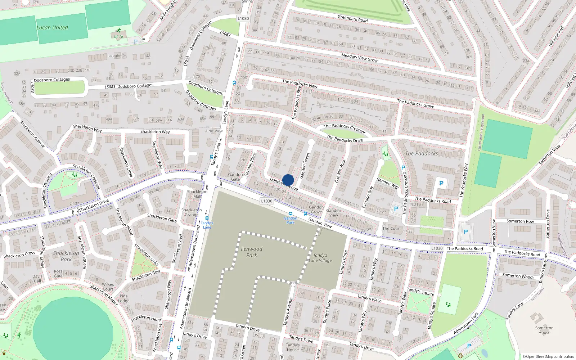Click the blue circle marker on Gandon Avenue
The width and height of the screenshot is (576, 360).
[288, 180]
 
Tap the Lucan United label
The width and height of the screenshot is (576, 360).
[52, 27]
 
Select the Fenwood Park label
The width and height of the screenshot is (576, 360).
[252, 252]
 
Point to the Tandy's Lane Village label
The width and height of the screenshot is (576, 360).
[320, 258]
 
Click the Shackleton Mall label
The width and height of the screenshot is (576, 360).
[197, 194]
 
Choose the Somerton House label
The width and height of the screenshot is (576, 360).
[544, 330]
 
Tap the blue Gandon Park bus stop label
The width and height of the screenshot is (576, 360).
[291, 220]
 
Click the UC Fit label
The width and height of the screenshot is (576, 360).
[118, 37]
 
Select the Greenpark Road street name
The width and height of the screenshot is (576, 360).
[352, 18]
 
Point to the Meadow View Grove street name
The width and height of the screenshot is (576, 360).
[360, 58]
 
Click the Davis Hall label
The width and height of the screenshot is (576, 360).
[37, 279]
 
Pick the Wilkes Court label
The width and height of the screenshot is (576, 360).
[108, 287]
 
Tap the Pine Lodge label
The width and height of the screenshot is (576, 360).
[123, 298]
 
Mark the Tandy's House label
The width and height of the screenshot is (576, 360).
[293, 347]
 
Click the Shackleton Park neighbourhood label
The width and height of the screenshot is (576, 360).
[66, 256]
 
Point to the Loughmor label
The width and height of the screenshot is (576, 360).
[117, 56]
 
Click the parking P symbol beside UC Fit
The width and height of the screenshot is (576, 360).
[136, 42]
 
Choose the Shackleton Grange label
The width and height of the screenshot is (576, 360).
[192, 212]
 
